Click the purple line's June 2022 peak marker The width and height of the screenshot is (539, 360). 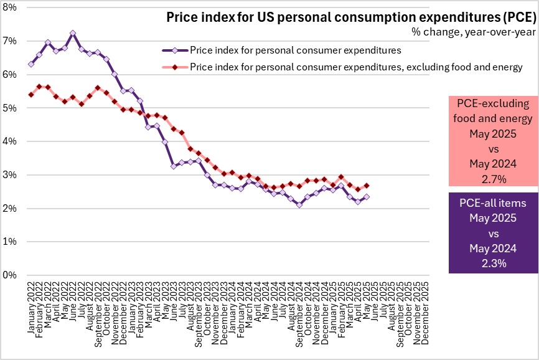point(73,32)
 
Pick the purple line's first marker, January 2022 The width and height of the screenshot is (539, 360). point(31,64)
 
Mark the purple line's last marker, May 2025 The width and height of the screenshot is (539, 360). point(367,196)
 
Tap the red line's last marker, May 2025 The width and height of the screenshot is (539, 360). point(367,185)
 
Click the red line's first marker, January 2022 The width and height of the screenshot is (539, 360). point(31,95)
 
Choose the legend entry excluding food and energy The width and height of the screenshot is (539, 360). point(355,67)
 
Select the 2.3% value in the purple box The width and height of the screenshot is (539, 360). point(493,263)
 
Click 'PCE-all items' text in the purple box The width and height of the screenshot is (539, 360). point(493,203)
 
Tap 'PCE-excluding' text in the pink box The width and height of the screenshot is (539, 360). point(493,103)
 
